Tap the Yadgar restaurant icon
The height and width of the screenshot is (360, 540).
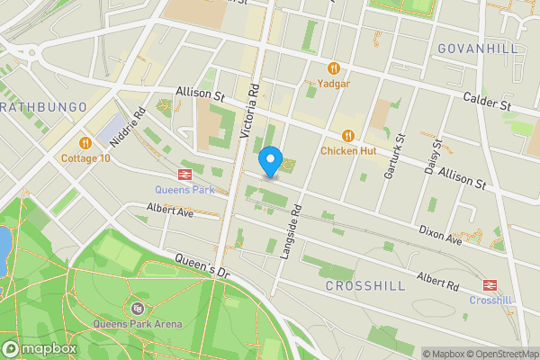pyautogui.click(x=334, y=68)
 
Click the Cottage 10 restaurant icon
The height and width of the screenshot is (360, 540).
pyautogui.click(x=85, y=142)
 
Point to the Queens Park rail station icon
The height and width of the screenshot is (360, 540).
pyautogui.click(x=184, y=175)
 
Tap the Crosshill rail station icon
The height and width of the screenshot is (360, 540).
pyautogui.click(x=490, y=284)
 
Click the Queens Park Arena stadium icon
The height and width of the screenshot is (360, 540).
pyautogui.click(x=137, y=309)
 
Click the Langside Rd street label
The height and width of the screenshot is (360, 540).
pyautogui.click(x=290, y=231)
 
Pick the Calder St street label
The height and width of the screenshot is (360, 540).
pyautogui.click(x=487, y=101)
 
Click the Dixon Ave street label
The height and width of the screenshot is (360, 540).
pyautogui.click(x=440, y=236)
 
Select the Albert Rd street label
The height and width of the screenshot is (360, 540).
pyautogui.click(x=437, y=281)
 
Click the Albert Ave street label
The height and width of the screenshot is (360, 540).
pyautogui.click(x=170, y=212)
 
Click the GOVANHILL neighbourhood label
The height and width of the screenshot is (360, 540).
pyautogui.click(x=478, y=48)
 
